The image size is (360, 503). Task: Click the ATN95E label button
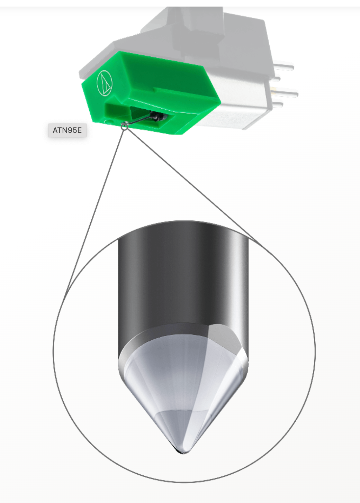point(67,130)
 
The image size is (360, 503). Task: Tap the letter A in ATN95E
point(55,130)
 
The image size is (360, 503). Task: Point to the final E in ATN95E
point(79,130)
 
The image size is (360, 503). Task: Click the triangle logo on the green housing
point(105,83)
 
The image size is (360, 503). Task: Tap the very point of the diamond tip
point(182,452)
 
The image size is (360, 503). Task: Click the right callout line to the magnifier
point(190,183)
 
